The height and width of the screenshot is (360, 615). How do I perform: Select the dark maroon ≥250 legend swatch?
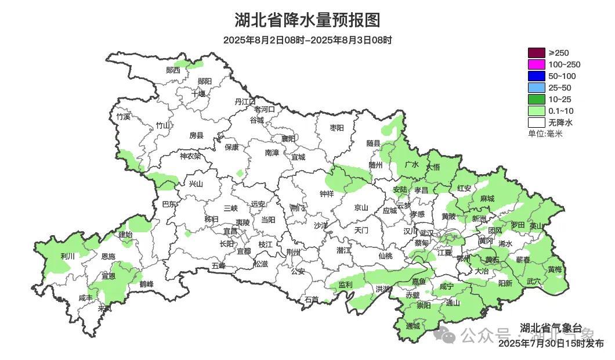click(x=537, y=53)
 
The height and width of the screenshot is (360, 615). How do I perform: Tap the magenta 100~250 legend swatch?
click(x=537, y=64)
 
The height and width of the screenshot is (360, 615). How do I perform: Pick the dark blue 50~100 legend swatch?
click(x=537, y=76)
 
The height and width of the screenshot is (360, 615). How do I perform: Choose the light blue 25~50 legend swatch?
click(x=537, y=88)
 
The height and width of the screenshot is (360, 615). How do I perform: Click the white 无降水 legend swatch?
click(x=537, y=123)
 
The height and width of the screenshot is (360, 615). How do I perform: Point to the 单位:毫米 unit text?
click(x=545, y=134)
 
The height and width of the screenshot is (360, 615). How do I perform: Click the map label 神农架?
click(x=190, y=156)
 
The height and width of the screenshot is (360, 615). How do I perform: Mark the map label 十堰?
click(x=198, y=93)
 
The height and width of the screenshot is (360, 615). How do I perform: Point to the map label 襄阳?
click(x=288, y=139)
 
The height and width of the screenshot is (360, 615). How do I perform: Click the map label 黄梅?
click(x=555, y=269)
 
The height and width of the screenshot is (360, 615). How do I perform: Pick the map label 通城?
click(x=413, y=326)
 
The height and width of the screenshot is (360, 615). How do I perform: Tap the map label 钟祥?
click(x=327, y=194)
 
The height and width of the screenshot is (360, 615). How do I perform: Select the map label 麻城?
click(x=487, y=199)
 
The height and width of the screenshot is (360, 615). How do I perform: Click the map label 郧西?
click(x=173, y=70)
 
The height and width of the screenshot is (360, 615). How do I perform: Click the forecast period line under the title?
click(x=307, y=40)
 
